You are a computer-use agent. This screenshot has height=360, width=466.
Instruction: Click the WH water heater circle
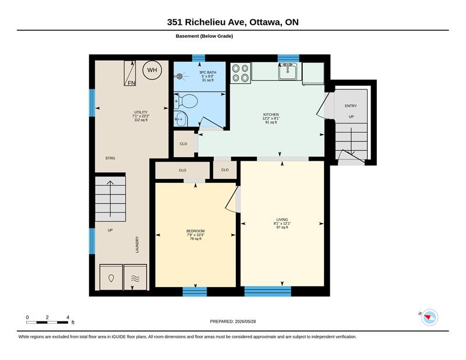pyautogui.click(x=152, y=70)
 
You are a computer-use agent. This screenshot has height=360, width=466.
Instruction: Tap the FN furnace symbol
pyautogui.click(x=130, y=73)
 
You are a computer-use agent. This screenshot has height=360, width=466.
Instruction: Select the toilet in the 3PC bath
pyautogui.click(x=186, y=101)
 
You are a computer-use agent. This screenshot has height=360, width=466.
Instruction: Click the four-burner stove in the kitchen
pyautogui.click(x=241, y=73)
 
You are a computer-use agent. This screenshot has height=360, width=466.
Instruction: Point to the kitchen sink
pyautogui.click(x=287, y=71)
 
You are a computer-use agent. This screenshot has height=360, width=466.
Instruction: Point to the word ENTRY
pyautogui.click(x=351, y=106)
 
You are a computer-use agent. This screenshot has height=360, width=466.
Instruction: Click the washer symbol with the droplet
pyautogui.click(x=111, y=277)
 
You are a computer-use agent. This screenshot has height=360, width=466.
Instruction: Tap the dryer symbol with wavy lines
pyautogui.click(x=135, y=277)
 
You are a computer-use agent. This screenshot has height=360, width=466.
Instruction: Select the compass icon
pyautogui.click(x=430, y=317)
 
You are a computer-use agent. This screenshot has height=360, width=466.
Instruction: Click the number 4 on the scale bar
pyautogui.click(x=68, y=317)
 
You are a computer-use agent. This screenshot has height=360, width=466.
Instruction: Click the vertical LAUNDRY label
pyautogui.click(x=137, y=244)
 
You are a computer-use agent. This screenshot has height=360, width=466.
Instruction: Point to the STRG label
pyautogui.click(x=110, y=158)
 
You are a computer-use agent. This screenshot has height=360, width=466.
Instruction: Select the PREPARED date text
pyautogui.click(x=232, y=322)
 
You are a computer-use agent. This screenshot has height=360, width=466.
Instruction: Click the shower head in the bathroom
pyautogui.click(x=179, y=76)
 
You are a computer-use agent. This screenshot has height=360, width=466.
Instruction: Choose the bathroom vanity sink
pyautogui.click(x=181, y=119)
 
